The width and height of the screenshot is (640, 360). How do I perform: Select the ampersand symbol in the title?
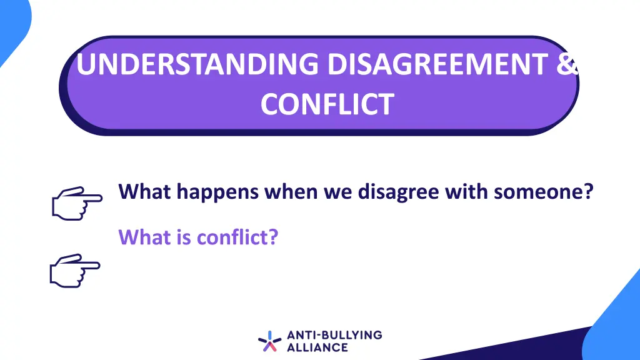(567, 65)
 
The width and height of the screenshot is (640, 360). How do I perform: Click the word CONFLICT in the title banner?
(327, 104)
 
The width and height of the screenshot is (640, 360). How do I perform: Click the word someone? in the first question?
(543, 191)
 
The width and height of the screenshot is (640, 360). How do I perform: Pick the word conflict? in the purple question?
(237, 237)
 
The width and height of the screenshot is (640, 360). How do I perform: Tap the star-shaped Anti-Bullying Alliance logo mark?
(269, 341)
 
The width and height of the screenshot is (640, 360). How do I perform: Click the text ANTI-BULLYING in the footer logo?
(334, 335)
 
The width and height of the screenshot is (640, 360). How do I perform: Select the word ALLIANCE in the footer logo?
(317, 347)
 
